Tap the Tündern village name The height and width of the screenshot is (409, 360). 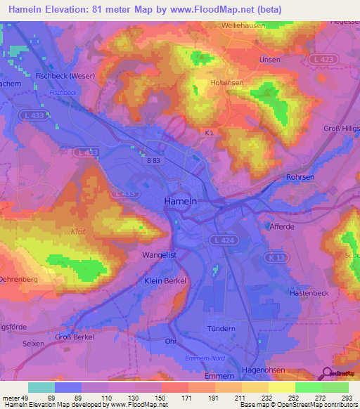(221, 328)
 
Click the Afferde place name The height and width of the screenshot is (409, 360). (282, 227)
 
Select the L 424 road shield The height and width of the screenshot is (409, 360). (219, 241)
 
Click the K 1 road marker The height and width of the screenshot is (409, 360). (209, 131)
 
